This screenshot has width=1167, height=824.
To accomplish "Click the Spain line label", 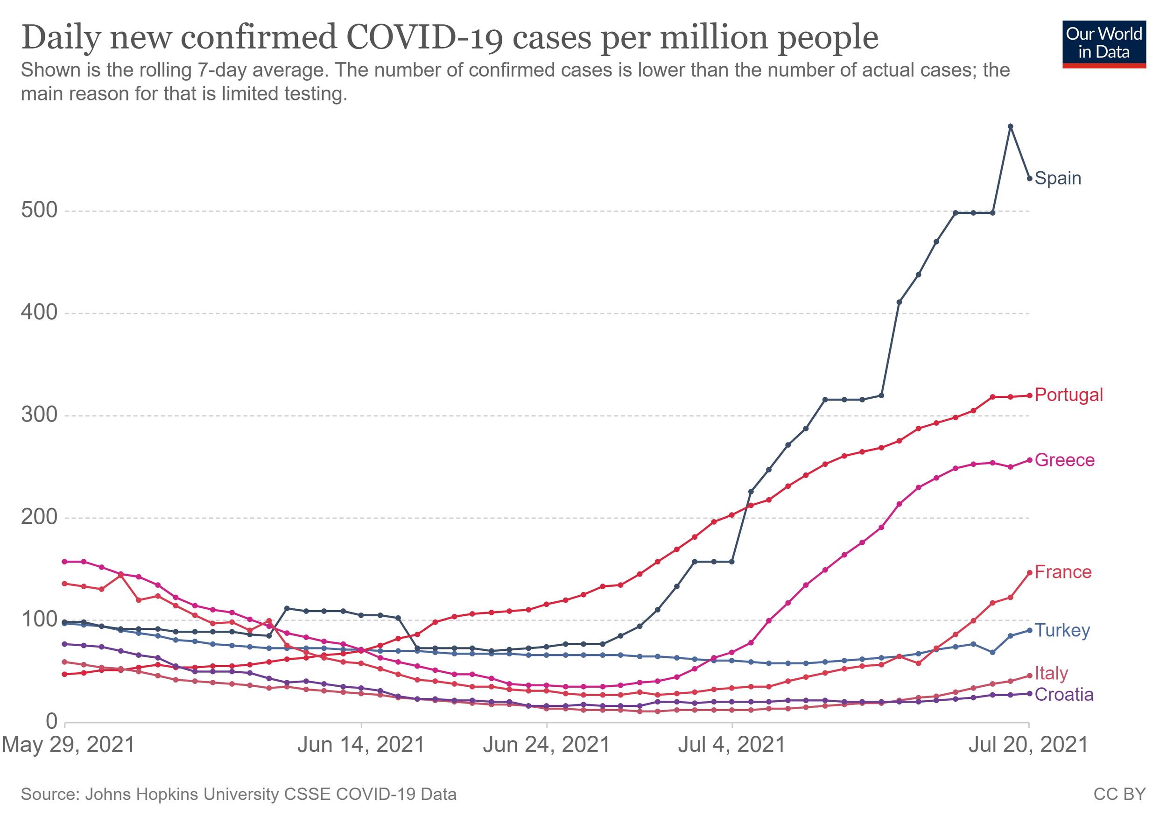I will click(1058, 178).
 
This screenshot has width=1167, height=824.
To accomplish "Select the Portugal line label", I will click(1069, 395).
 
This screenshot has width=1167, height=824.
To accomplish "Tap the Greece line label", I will click(1064, 460).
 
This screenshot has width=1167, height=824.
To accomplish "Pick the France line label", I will click(1063, 572).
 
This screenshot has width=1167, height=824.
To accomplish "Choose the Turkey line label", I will click(1062, 630).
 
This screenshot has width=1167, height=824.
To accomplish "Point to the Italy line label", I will click(1051, 674).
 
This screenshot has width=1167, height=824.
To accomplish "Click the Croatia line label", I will click(1064, 694).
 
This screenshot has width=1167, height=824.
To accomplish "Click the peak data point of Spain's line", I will click(1011, 127).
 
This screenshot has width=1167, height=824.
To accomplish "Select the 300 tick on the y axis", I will click(39, 415).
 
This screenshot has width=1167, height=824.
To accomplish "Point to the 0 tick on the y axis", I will click(52, 721).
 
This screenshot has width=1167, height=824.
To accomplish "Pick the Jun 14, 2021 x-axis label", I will click(361, 745).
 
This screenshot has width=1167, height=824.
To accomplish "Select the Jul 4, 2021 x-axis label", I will click(732, 745).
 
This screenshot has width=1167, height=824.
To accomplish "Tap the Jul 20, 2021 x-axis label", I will click(1028, 745).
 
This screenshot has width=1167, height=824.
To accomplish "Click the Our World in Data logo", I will click(1104, 44).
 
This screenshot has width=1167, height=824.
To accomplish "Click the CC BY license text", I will click(1119, 794).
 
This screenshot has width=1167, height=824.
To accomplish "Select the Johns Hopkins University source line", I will click(239, 794).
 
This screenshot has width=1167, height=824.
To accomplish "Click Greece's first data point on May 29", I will click(64, 562).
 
